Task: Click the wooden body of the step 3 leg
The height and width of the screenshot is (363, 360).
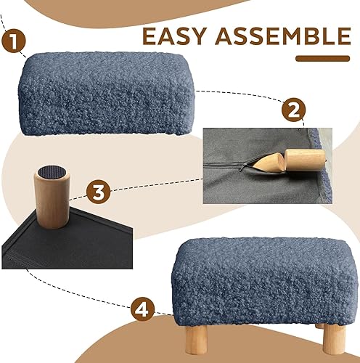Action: (52, 207)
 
